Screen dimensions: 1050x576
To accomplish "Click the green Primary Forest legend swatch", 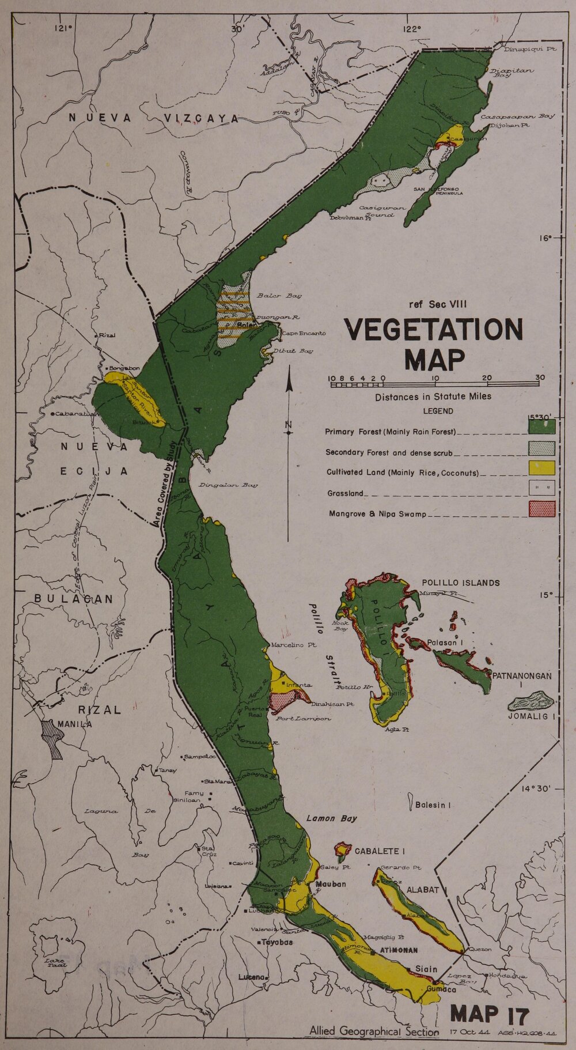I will (541, 426).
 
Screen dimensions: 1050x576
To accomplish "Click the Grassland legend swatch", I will (541, 489).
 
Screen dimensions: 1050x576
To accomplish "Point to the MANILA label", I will (74, 724).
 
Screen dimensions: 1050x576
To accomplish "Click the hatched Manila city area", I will (53, 738).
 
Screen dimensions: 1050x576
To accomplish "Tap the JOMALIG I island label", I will (531, 717).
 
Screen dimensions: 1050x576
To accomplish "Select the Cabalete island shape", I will (343, 849).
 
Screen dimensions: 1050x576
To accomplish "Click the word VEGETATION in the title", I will (433, 330).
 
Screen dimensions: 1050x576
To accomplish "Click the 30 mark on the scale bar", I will (540, 378).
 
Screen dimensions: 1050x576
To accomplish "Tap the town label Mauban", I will (331, 883).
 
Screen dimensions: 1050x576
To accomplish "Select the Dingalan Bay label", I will (228, 485).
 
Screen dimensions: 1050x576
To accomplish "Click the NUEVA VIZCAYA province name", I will (154, 119).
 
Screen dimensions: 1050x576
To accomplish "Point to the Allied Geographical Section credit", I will (373, 1032).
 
